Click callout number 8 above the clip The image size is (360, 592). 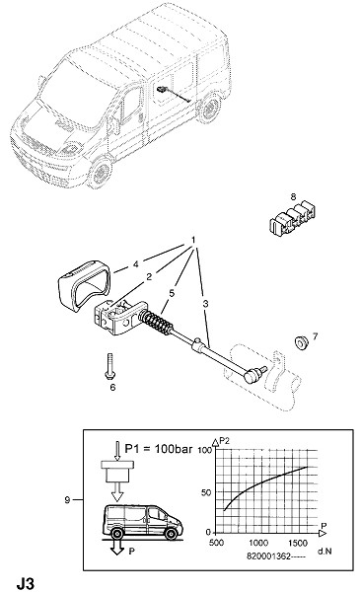point(293,196)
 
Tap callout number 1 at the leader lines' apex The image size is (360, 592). point(193,240)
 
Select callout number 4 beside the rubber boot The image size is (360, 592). point(136,264)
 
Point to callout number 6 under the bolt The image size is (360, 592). point(112,387)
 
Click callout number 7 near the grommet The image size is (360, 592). point(315,335)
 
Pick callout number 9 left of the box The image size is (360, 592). point(67,500)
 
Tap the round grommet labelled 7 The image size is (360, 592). point(301,342)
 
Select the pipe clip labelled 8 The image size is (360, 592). point(293,218)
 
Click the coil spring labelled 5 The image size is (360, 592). point(155,324)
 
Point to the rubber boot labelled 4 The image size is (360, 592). point(84,286)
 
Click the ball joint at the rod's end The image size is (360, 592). point(252,375)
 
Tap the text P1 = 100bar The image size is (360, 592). point(159,449)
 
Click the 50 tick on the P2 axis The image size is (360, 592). point(206,492)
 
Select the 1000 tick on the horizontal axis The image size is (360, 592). point(258,544)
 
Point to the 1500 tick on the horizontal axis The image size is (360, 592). point(298,544)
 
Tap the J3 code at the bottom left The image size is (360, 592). point(26,583)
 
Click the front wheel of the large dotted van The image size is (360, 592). point(101,174)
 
